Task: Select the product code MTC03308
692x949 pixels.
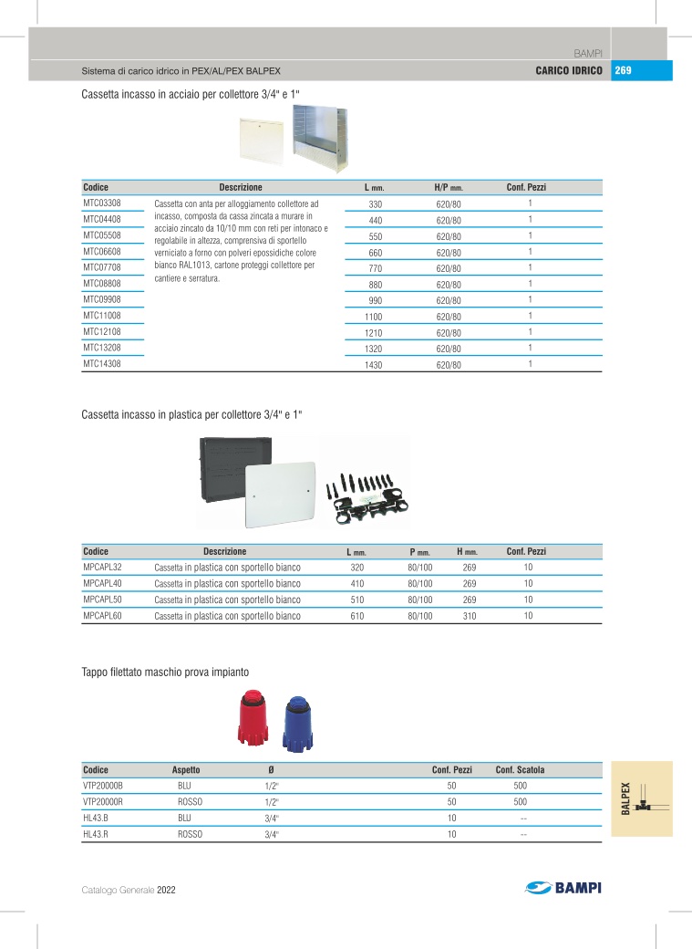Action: pyautogui.click(x=102, y=203)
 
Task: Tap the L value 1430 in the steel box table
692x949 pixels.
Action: pyautogui.click(x=374, y=365)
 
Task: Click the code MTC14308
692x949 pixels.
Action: pyautogui.click(x=102, y=363)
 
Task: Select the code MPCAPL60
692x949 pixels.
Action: pyautogui.click(x=102, y=616)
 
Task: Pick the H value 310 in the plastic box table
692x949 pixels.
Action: pyautogui.click(x=470, y=616)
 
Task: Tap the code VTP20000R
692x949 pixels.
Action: pyautogui.click(x=102, y=801)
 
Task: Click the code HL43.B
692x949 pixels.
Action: pyautogui.click(x=96, y=818)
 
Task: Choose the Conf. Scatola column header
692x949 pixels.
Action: pyautogui.click(x=520, y=770)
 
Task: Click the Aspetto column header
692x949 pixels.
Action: pyautogui.click(x=186, y=770)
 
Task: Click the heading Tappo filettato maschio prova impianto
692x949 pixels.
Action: pyautogui.click(x=165, y=673)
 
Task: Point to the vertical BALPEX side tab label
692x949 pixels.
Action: pyautogui.click(x=626, y=799)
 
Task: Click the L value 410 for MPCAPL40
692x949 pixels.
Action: pyautogui.click(x=357, y=583)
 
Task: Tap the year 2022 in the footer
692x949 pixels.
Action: pyautogui.click(x=166, y=889)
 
